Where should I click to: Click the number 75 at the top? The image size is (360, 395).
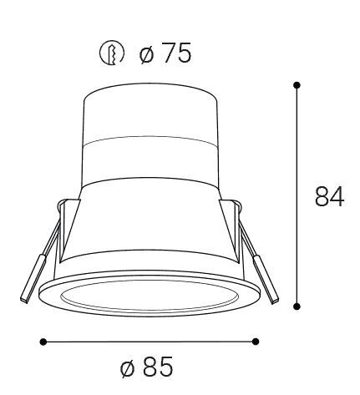(177, 53)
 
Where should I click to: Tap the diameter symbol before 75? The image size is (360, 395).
(146, 54)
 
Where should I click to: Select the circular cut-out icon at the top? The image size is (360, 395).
(112, 53)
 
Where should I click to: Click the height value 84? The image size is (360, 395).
(329, 196)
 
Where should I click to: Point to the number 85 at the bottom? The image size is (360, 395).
(158, 366)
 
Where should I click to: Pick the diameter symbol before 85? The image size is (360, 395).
(127, 368)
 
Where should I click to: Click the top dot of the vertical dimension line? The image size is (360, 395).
(297, 85)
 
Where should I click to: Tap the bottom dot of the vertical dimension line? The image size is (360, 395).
(297, 306)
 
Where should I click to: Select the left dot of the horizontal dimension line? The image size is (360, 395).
(43, 342)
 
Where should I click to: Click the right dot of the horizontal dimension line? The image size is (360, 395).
(256, 342)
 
